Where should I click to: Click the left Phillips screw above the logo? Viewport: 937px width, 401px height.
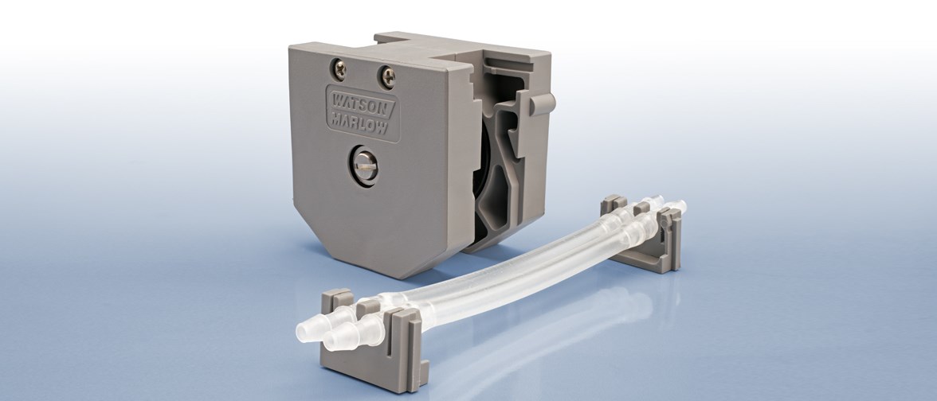point(339,70)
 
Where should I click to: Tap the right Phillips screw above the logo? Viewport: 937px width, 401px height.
point(387,76)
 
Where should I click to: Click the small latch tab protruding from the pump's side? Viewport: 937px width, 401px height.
point(543,103)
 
